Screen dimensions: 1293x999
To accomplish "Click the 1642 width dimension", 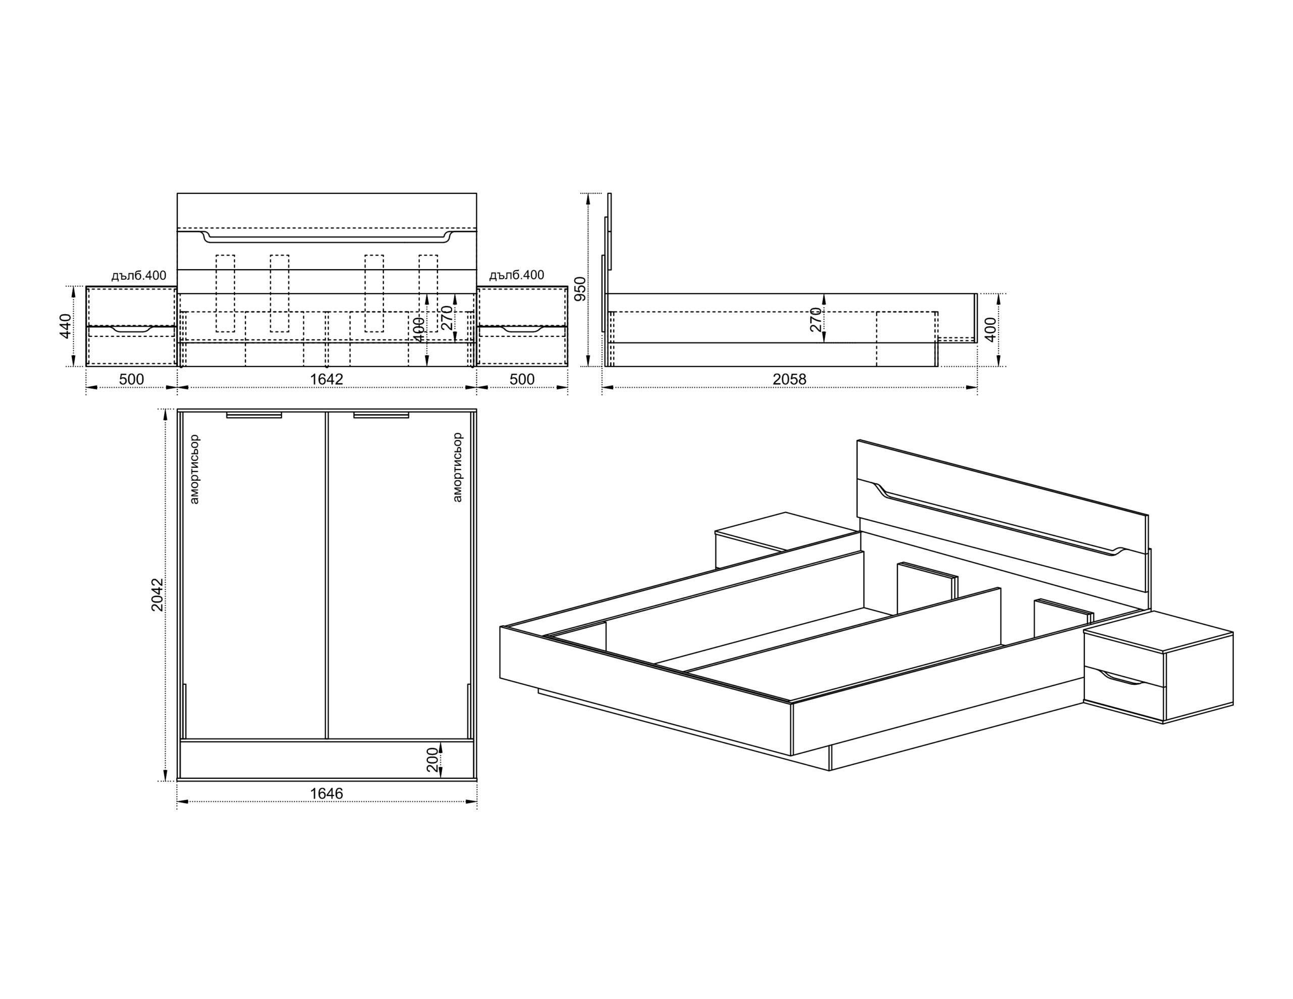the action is (x=326, y=379).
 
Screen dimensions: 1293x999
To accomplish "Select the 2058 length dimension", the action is (x=789, y=379).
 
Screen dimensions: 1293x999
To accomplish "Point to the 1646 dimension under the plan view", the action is (x=326, y=793).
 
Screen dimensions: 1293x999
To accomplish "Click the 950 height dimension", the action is (x=580, y=288).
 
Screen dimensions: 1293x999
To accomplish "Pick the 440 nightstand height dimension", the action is (x=66, y=326).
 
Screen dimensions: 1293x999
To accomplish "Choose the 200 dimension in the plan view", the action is (x=433, y=760).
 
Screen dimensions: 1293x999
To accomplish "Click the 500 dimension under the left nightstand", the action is (x=131, y=379).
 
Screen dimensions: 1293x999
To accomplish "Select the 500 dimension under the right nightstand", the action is (x=522, y=379).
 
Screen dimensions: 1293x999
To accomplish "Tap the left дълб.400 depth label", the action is (x=138, y=275).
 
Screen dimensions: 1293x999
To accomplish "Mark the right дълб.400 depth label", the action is (x=516, y=275).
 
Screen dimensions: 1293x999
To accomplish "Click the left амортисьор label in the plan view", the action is (x=195, y=469).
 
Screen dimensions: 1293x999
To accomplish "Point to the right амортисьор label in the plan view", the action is (x=457, y=468).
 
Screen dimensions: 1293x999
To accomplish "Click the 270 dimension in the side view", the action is (x=816, y=319).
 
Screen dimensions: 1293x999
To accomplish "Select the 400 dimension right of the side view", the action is (x=990, y=329).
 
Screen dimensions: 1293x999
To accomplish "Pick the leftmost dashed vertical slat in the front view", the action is (x=225, y=293).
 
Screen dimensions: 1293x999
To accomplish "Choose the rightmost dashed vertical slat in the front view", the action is (x=428, y=293).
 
